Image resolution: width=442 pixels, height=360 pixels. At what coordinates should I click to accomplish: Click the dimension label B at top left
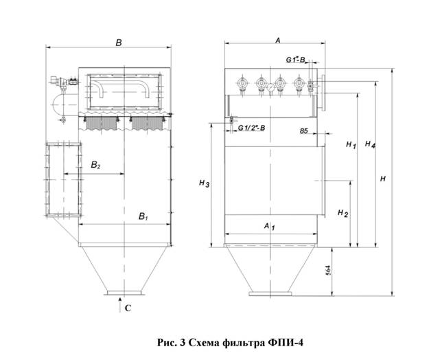click(x=119, y=43)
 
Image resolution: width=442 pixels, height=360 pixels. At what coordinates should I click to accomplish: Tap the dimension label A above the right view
click(x=278, y=41)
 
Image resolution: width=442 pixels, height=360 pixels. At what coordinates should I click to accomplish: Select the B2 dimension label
click(x=95, y=165)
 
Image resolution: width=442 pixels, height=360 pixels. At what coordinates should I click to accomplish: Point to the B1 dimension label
click(x=143, y=216)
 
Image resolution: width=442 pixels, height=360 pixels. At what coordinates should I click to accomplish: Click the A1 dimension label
click(x=269, y=226)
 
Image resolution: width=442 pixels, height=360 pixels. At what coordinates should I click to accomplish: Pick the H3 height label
click(x=204, y=183)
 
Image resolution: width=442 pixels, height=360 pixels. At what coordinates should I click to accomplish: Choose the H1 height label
click(x=351, y=145)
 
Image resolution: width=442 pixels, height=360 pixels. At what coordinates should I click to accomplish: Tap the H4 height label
click(x=370, y=144)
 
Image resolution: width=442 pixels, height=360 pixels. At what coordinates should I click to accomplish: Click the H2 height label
click(x=342, y=213)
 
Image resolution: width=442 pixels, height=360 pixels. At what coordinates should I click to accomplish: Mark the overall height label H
click(x=382, y=179)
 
